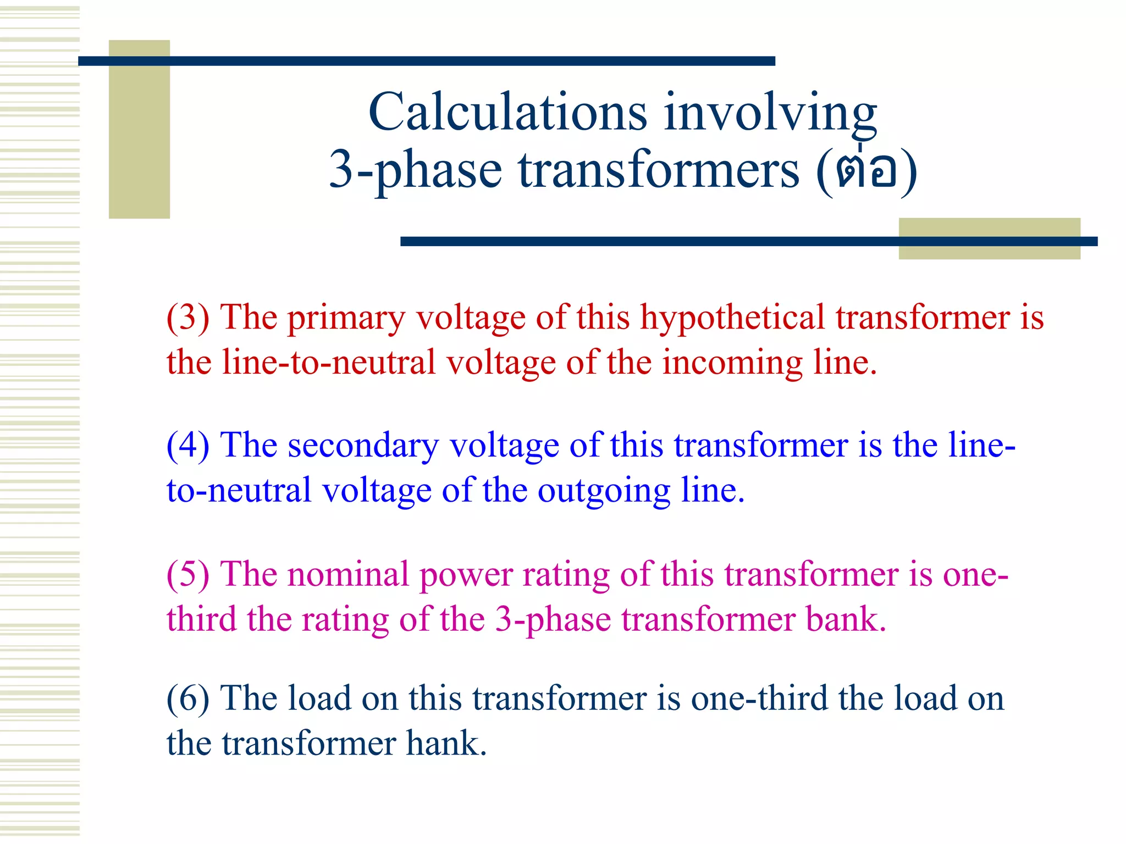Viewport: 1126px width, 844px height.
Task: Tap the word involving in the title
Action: pyautogui.click(x=770, y=113)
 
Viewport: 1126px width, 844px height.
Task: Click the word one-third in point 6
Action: pyautogui.click(x=759, y=698)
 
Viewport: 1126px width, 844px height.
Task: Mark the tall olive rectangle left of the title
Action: pyautogui.click(x=139, y=129)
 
